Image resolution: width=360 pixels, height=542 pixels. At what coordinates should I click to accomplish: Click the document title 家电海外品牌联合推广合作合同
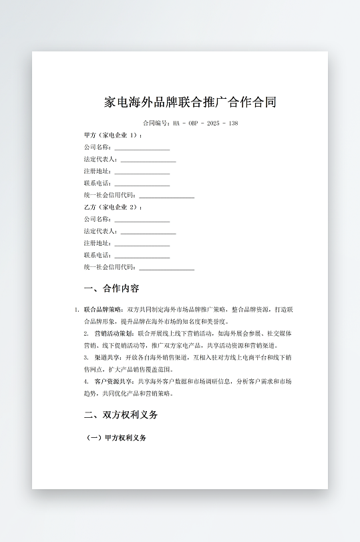pyautogui.click(x=190, y=103)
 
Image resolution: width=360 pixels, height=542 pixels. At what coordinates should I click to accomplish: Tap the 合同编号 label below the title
pyautogui.click(x=156, y=123)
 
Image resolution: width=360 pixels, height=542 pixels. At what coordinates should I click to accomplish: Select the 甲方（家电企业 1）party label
pyautogui.click(x=113, y=135)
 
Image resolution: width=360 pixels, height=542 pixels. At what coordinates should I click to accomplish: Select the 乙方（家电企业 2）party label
pyautogui.click(x=113, y=207)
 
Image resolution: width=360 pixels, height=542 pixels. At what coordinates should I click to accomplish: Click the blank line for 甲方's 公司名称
pyautogui.click(x=142, y=148)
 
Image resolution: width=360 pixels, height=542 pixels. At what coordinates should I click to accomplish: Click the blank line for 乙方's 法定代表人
pyautogui.click(x=148, y=232)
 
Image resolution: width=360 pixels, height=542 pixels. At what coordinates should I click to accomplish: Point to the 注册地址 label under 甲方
pyautogui.click(x=98, y=172)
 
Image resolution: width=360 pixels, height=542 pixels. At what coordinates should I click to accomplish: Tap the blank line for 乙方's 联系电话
pyautogui.click(x=142, y=256)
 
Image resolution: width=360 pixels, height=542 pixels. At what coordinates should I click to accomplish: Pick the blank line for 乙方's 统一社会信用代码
pyautogui.click(x=166, y=268)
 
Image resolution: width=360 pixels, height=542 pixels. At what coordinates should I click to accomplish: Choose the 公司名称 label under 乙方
pyautogui.click(x=98, y=219)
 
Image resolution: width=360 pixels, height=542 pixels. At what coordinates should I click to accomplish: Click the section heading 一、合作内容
pyautogui.click(x=112, y=289)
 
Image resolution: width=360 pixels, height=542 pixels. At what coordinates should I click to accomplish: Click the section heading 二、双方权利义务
pyautogui.click(x=121, y=415)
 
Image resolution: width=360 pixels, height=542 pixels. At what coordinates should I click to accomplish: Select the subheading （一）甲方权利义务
pyautogui.click(x=117, y=439)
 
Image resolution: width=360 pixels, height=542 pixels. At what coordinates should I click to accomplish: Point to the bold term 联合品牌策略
pyautogui.click(x=104, y=310)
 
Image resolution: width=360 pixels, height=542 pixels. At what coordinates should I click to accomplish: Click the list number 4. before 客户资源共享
pyautogui.click(x=86, y=381)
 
